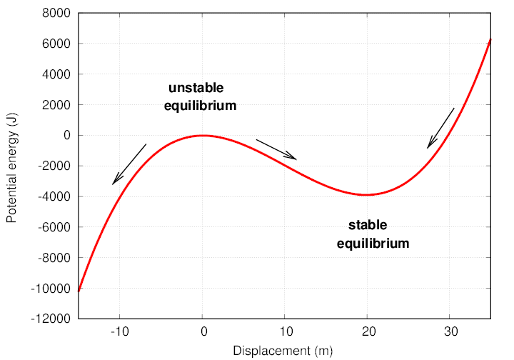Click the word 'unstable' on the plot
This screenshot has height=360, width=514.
[196, 89]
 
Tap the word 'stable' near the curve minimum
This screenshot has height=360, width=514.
[368, 226]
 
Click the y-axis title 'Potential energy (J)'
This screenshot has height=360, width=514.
[11, 166]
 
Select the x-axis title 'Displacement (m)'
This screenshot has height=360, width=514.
[283, 351]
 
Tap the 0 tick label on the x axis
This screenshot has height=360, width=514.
[203, 332]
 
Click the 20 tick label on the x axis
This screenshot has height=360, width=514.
[368, 332]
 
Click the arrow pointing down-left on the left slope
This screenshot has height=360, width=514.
[129, 164]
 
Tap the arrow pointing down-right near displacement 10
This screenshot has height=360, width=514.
[276, 149]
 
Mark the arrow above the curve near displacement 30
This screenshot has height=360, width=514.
[440, 129]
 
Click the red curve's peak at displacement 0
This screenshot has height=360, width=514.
[203, 135]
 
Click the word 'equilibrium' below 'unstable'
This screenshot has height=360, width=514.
[200, 106]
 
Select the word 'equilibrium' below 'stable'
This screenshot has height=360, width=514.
[373, 244]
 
